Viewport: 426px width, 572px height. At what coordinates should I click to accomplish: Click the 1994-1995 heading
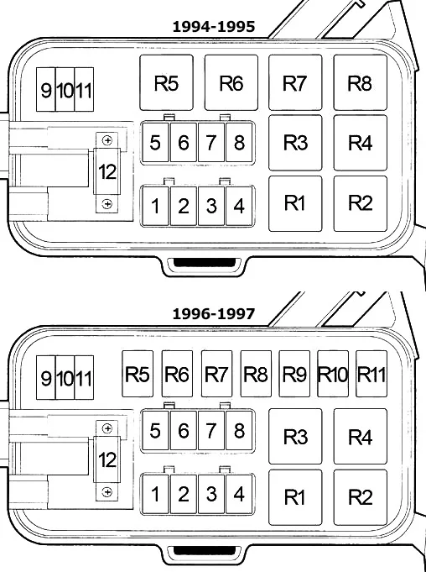(213, 27)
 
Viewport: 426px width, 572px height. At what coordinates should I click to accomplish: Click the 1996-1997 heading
(213, 314)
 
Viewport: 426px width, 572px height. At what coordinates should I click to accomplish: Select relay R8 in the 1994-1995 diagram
(360, 82)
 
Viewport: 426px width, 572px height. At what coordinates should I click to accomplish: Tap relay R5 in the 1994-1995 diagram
(166, 82)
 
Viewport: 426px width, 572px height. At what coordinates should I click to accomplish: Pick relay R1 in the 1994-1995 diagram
(295, 203)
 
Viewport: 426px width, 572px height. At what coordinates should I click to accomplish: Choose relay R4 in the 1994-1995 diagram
(360, 143)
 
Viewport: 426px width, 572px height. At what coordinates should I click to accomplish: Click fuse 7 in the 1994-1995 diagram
(211, 142)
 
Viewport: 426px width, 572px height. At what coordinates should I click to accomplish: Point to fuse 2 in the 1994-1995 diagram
(183, 206)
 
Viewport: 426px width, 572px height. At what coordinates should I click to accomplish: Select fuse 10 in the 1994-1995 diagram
(65, 89)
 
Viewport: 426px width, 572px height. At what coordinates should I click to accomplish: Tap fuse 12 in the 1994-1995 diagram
(107, 172)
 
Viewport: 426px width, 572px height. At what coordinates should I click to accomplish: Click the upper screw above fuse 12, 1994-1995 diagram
(107, 140)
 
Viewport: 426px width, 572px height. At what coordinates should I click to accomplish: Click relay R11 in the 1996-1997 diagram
(371, 374)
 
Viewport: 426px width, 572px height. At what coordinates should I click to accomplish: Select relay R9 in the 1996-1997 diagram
(294, 374)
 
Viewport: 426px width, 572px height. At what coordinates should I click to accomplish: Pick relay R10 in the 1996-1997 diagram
(333, 374)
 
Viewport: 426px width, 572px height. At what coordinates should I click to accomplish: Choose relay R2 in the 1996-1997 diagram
(360, 497)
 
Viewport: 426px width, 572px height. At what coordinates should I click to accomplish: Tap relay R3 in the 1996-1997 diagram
(295, 436)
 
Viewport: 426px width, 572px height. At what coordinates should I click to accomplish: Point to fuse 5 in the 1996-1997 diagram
(155, 430)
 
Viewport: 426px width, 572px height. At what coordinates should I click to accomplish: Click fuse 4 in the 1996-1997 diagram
(239, 494)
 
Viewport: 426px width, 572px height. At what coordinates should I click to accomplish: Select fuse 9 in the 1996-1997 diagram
(46, 378)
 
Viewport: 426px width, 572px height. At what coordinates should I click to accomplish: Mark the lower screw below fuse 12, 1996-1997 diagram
(107, 492)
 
